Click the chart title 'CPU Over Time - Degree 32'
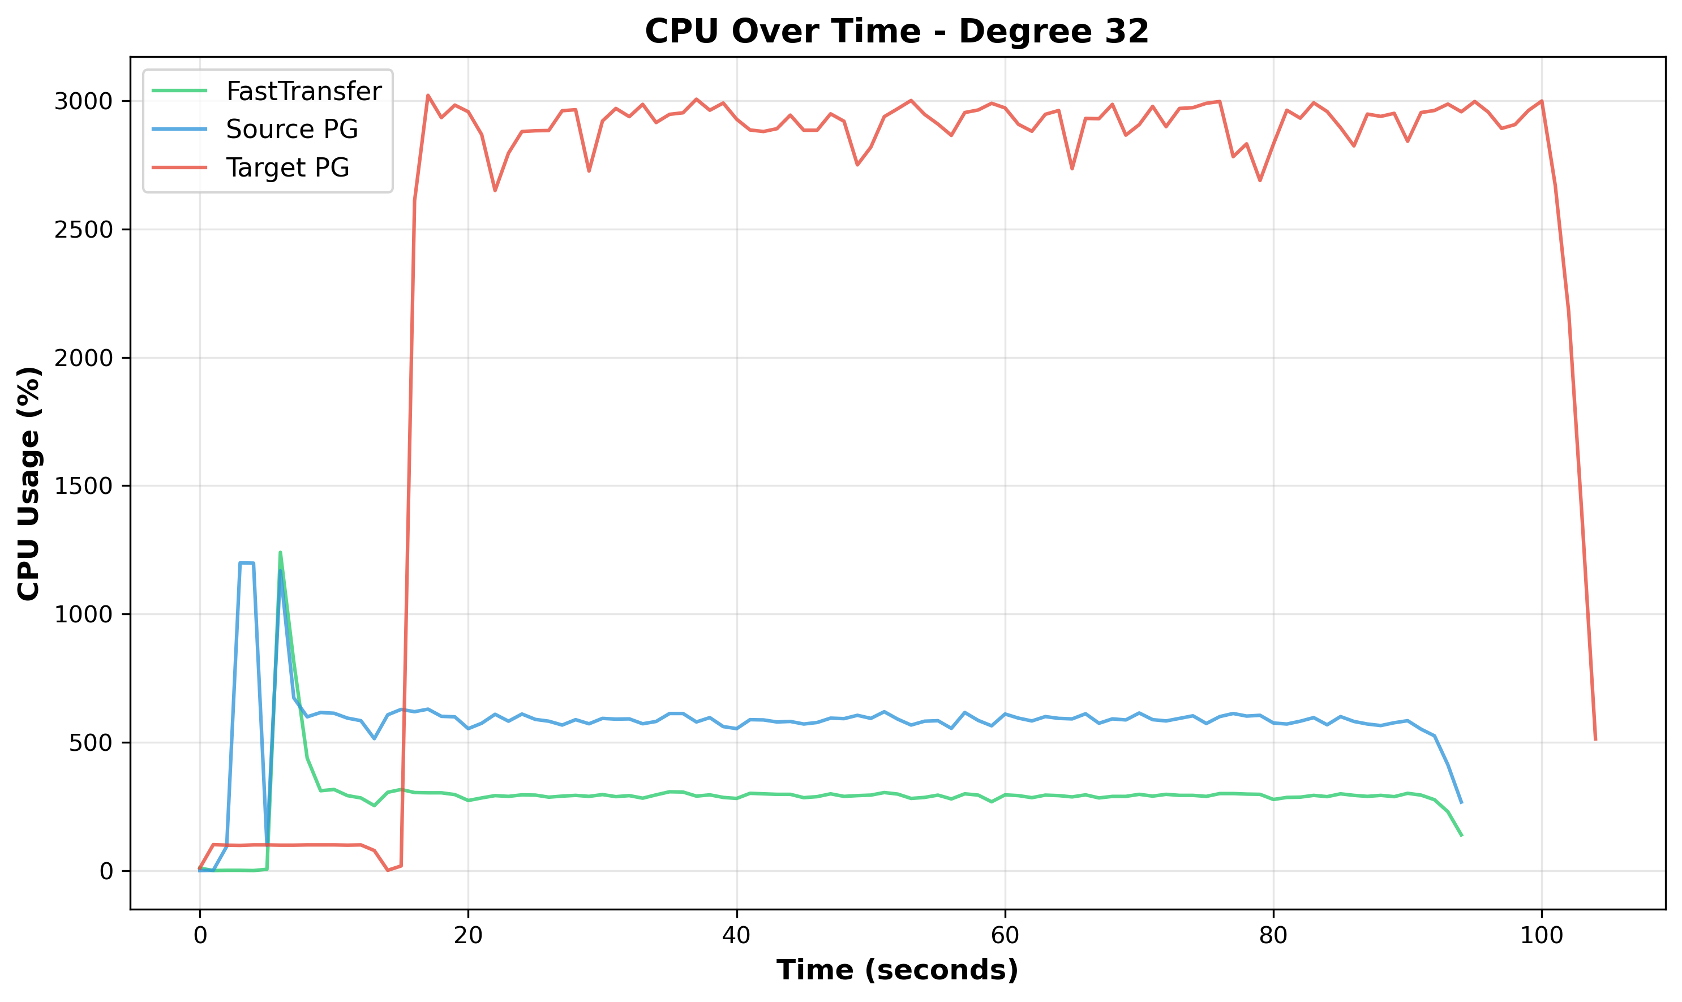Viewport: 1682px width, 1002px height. coord(896,31)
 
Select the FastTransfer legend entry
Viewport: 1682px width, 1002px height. coord(303,91)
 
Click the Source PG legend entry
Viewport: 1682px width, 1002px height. coord(291,129)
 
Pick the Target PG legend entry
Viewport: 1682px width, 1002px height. coord(287,167)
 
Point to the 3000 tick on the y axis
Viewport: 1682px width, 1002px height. coord(83,101)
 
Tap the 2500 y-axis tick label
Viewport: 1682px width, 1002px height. coord(83,230)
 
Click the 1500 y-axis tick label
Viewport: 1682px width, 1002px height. coord(83,486)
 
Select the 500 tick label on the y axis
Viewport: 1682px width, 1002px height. coord(90,743)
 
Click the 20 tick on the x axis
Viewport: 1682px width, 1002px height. coord(468,936)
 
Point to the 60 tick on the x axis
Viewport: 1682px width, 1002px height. coord(1005,936)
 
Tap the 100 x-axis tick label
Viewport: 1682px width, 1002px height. coord(1542,936)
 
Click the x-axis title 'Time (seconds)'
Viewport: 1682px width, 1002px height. coord(896,970)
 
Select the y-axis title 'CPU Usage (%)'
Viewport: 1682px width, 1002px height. coord(29,483)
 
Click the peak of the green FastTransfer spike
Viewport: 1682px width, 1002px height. coord(280,552)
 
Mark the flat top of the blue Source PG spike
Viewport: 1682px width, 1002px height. coord(246,562)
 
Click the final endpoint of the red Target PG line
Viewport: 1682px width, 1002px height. coord(1595,740)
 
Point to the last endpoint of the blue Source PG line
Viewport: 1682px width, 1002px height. coord(1461,803)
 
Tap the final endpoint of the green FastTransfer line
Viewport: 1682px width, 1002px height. coord(1461,836)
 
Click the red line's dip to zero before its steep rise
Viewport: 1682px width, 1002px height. coord(388,870)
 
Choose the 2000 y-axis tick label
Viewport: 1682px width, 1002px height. coord(83,358)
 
